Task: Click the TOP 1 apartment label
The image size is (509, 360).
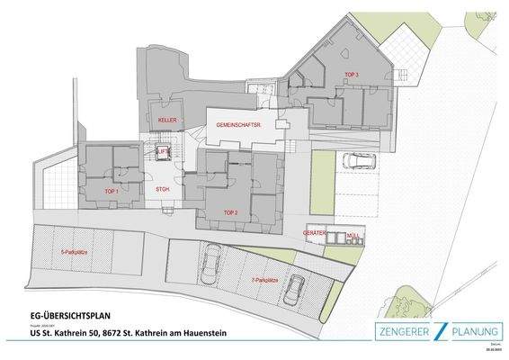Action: pos(112,192)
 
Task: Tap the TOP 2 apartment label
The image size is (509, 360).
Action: pos(231,212)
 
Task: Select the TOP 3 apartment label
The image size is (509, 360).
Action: pos(351,74)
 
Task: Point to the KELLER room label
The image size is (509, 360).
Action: pos(167,120)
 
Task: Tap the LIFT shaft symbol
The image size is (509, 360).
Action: pos(163,153)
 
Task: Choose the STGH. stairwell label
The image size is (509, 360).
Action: pos(163,191)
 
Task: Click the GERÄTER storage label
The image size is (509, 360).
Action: pos(315,232)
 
